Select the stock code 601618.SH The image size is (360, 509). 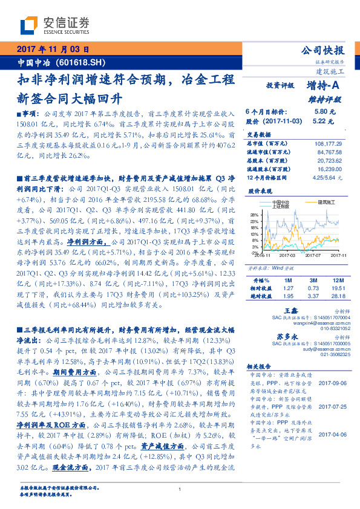point(85,62)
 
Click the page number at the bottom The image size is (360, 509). point(180,490)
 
